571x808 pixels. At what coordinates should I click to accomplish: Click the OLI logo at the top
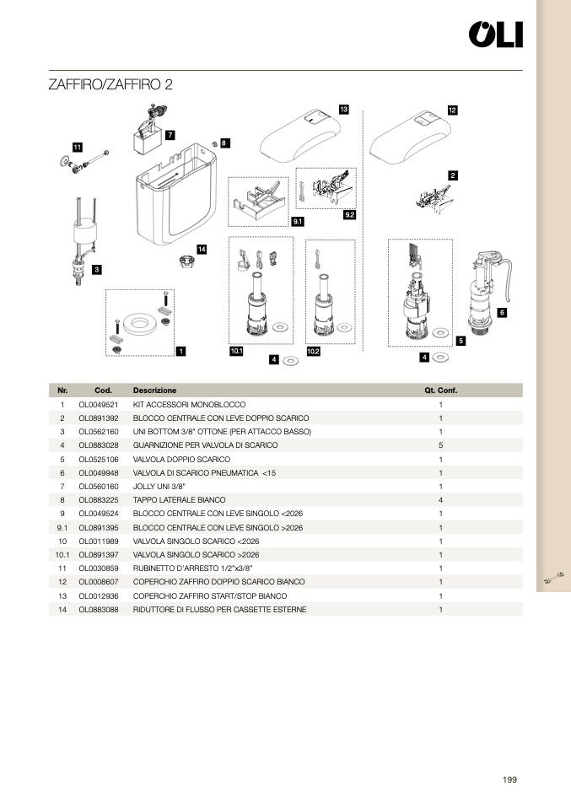(x=495, y=35)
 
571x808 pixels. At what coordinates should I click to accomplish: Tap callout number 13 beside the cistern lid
(x=343, y=110)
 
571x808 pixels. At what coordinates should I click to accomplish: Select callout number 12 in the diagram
(x=452, y=110)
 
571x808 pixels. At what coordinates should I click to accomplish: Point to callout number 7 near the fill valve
(x=170, y=135)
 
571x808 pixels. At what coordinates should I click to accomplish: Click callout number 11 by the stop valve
(x=77, y=147)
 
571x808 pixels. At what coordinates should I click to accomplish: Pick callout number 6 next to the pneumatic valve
(x=502, y=313)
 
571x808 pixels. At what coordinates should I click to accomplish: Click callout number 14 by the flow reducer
(x=202, y=250)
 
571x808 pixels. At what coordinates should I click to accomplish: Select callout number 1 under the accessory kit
(x=180, y=352)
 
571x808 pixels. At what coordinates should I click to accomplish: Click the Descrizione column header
(x=154, y=391)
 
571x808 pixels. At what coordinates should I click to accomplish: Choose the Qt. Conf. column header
(x=440, y=391)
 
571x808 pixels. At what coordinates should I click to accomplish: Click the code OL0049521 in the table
(x=98, y=405)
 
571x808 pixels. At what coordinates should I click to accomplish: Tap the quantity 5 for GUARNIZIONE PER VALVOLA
(x=440, y=445)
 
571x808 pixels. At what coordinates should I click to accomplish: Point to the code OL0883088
(x=98, y=610)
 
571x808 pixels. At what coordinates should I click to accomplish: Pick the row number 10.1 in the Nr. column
(x=62, y=555)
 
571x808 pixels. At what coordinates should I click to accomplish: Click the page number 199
(x=509, y=779)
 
